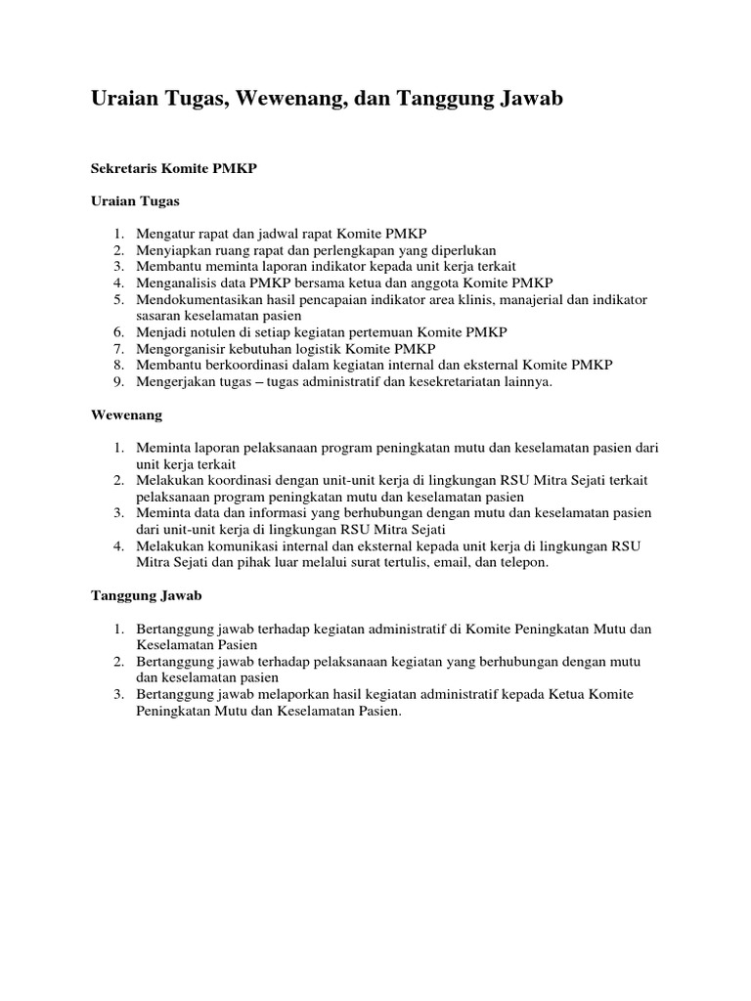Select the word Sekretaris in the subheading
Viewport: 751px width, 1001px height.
click(125, 168)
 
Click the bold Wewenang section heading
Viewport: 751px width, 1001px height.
click(126, 414)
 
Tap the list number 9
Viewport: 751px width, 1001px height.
click(116, 381)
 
